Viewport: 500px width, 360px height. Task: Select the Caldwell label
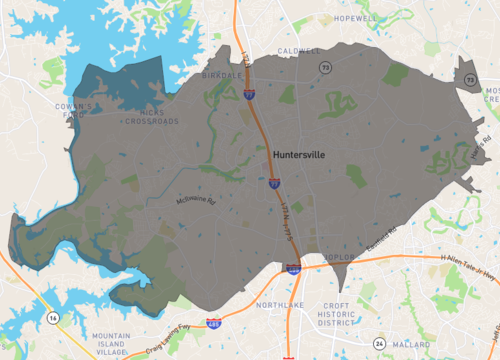point(299,51)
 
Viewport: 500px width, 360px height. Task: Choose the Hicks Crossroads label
point(151,117)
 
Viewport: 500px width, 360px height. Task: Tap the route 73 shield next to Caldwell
point(325,66)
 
